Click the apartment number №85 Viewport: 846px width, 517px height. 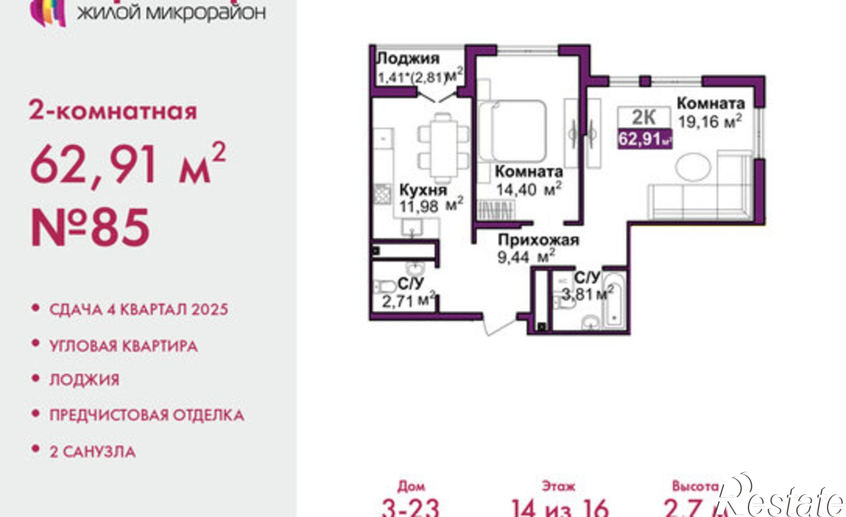tap(90, 228)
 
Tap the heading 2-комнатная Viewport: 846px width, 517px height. tap(113, 111)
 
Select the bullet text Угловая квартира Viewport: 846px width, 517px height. tap(124, 346)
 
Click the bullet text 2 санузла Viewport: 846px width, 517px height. tap(93, 452)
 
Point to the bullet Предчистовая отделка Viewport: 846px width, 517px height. tap(147, 415)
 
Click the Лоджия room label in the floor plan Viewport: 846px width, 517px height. tap(408, 58)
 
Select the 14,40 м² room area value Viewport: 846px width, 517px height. tap(529, 189)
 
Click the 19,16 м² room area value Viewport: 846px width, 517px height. tap(709, 121)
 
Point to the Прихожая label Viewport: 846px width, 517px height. tap(538, 240)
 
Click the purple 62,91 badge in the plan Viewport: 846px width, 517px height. tap(644, 138)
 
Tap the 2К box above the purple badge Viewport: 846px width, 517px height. tap(644, 117)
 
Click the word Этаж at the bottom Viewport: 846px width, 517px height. tap(558, 487)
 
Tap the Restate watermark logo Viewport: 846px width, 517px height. tap(783, 501)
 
